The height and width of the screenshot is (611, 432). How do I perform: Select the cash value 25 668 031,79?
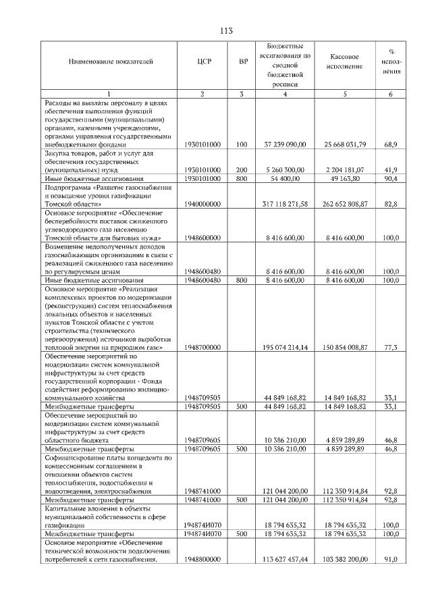(x=345, y=144)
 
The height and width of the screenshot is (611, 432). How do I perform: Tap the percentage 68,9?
(x=390, y=144)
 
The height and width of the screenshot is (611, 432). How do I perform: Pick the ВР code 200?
(x=242, y=169)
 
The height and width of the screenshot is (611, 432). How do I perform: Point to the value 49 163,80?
(x=345, y=178)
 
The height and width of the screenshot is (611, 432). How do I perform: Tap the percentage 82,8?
(x=390, y=203)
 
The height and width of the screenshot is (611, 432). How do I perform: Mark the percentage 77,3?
(x=390, y=347)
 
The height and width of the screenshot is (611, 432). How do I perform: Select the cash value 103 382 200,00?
(x=345, y=560)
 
